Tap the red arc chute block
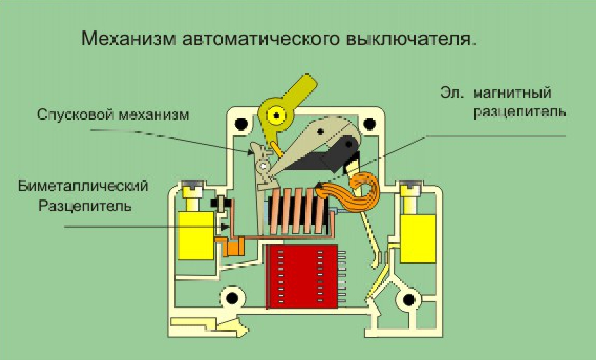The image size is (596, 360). [x=301, y=276]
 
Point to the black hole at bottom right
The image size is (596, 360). [x=407, y=299]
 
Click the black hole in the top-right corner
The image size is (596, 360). [x=369, y=124]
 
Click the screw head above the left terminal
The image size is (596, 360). [x=191, y=186]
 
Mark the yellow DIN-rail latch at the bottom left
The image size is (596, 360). [x=209, y=328]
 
